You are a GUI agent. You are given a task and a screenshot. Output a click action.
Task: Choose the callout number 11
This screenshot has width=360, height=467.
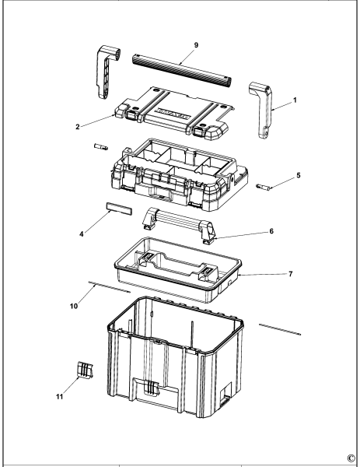59,395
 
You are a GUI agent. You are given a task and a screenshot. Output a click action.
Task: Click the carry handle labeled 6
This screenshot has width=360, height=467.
178,226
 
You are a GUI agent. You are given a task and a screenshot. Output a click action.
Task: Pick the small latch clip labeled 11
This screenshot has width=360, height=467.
85,371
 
